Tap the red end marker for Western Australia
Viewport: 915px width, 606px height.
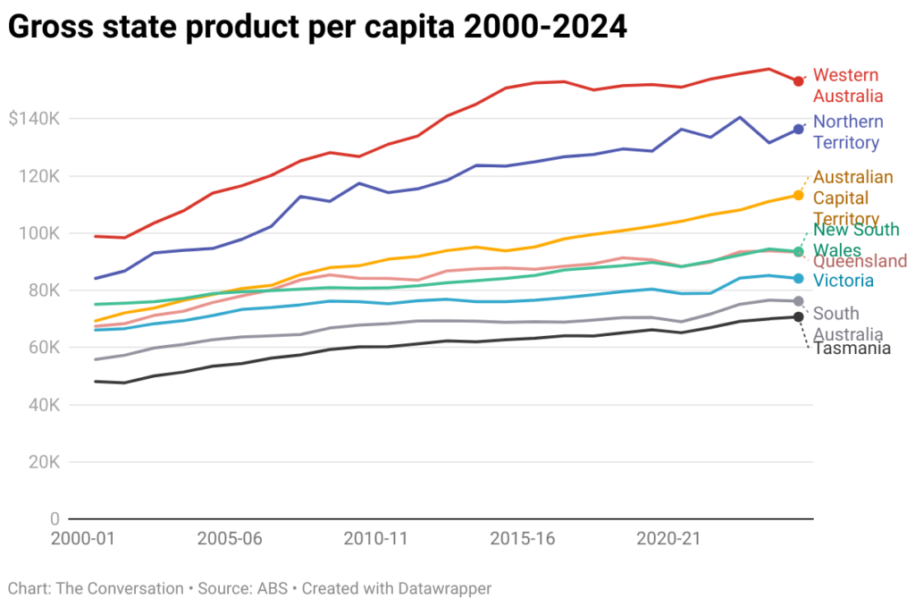798,81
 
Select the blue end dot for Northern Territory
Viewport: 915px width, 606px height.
798,130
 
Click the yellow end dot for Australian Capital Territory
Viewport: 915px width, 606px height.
798,195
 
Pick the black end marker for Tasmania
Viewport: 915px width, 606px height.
798,317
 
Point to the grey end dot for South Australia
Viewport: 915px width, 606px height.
798,301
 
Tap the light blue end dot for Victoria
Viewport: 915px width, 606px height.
798,278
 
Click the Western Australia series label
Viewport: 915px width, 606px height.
848,86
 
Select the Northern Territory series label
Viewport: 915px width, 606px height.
848,132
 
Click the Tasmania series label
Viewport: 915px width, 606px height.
852,348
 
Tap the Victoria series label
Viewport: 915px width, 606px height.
843,282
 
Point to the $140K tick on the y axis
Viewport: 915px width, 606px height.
33,119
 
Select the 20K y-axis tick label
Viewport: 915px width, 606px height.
41,462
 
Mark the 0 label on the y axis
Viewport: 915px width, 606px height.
55,519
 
